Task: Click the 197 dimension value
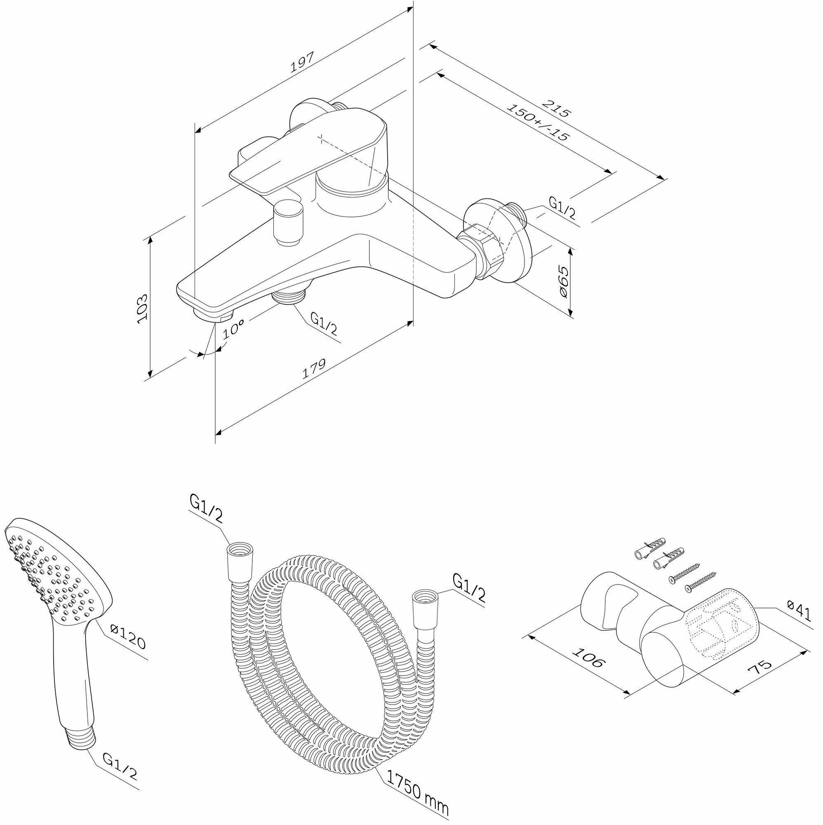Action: tap(302, 62)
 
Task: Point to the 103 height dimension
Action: tap(143, 308)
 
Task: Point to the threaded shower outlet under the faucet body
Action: tap(289, 294)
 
